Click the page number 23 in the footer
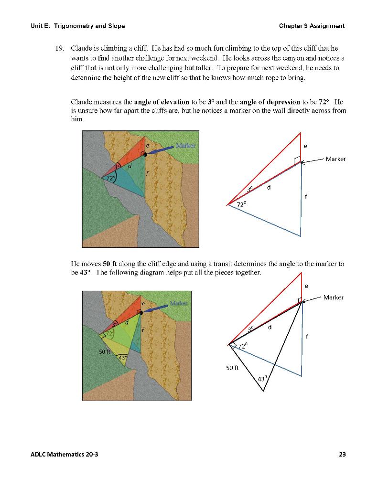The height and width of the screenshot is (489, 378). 342,454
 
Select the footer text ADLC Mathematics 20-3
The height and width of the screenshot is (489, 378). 61,454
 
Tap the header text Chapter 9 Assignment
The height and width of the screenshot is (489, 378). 312,26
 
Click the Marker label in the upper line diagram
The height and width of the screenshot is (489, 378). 335,159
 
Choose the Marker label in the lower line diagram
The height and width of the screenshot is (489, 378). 333,298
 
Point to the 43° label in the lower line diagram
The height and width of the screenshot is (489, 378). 262,379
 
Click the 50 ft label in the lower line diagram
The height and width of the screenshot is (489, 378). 233,368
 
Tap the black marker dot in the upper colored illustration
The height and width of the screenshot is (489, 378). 145,154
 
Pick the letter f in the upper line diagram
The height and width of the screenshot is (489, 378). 306,196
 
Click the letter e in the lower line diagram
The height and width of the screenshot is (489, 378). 306,286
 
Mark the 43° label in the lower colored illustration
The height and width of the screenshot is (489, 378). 123,358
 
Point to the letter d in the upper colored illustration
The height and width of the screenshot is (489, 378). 129,165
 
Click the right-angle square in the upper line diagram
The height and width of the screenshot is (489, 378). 297,160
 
